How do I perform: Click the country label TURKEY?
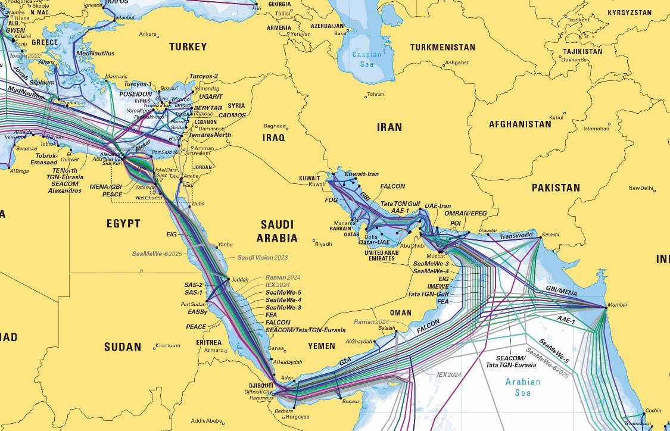click(188, 46)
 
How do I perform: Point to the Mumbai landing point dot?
click(605, 307)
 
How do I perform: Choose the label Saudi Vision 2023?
click(263, 257)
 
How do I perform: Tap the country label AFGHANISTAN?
click(520, 124)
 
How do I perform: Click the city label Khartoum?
click(167, 346)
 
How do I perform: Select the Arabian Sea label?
click(522, 387)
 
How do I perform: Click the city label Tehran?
click(375, 95)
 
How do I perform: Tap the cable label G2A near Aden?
click(345, 360)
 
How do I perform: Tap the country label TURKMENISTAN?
click(442, 47)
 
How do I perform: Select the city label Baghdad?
click(275, 126)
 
